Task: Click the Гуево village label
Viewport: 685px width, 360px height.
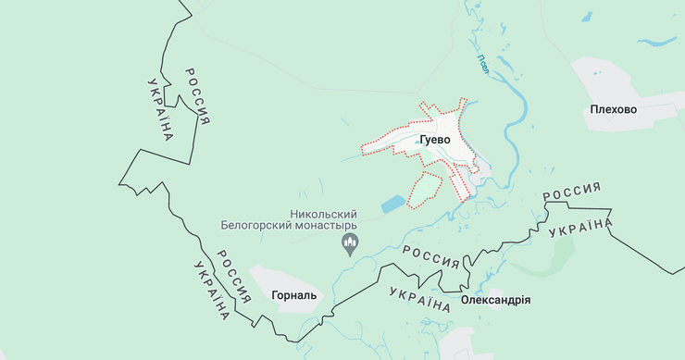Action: pos(434,140)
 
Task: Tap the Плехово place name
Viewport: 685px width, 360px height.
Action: pos(613,109)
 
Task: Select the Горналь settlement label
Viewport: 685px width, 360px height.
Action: pos(294,297)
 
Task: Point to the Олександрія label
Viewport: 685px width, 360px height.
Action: pos(495,301)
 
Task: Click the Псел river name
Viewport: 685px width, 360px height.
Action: pos(483,66)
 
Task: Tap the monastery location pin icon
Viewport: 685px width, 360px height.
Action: pos(351,245)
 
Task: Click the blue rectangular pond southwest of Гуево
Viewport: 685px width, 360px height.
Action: pos(393,201)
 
